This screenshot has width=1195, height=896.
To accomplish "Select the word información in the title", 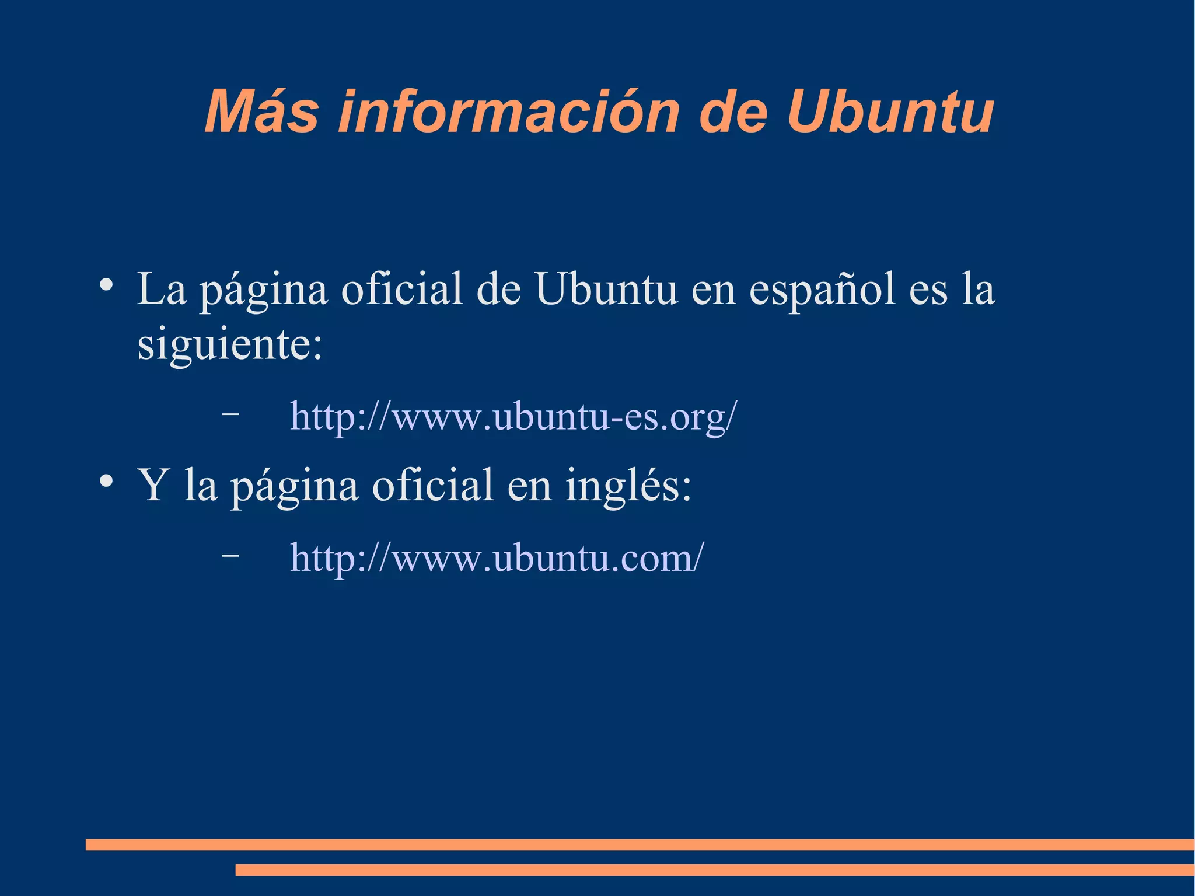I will (x=509, y=112).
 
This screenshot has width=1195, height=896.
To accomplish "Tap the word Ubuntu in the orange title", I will (x=890, y=112).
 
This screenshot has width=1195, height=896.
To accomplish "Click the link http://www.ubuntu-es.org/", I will (x=513, y=417).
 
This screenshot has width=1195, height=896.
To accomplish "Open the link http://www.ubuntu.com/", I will (x=497, y=558).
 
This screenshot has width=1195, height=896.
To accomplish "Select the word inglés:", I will (x=628, y=486).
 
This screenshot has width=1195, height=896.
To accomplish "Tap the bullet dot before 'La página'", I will (x=106, y=285).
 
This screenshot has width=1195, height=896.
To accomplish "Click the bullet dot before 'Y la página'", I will (x=106, y=482).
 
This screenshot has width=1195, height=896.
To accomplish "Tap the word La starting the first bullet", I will (x=162, y=290).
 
